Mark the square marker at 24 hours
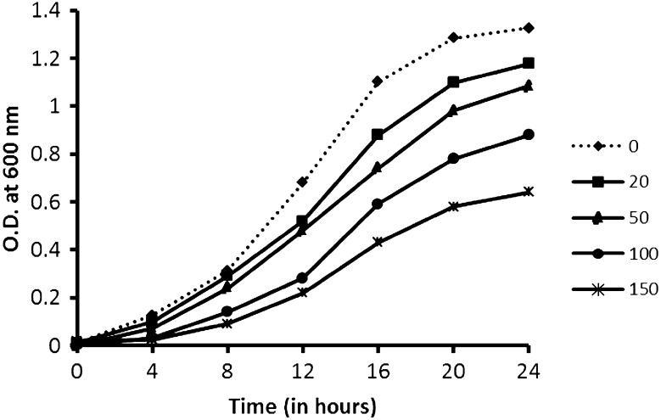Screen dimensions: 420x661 [x=529, y=64]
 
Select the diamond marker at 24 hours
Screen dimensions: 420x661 [x=529, y=28]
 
